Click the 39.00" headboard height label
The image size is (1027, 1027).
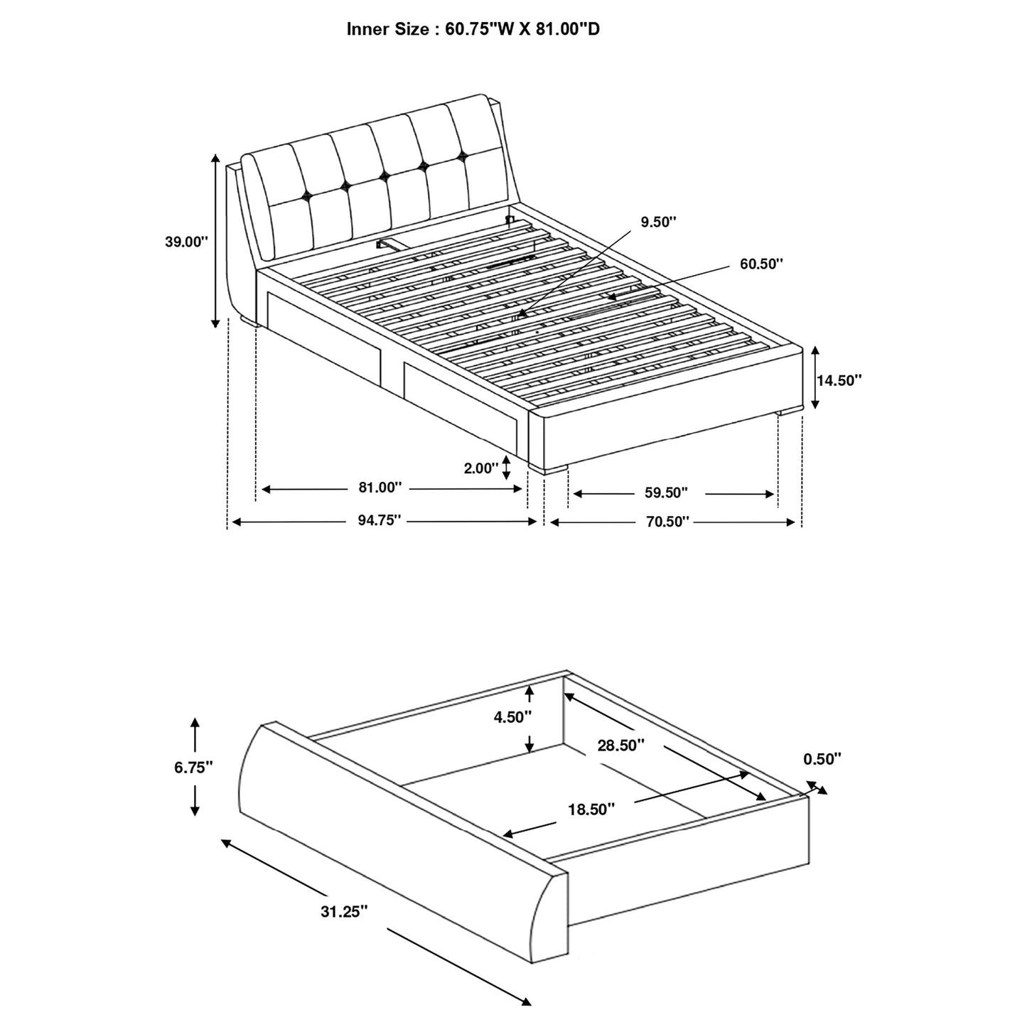coord(186,242)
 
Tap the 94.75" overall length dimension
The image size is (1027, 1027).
coord(379,520)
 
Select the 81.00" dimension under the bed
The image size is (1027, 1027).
coord(380,488)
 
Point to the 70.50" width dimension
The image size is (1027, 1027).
coord(668,522)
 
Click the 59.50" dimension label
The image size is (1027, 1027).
coord(666,493)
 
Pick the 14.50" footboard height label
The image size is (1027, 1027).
coord(839,380)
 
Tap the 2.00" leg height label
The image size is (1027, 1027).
coord(480,468)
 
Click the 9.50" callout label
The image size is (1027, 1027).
coord(658,222)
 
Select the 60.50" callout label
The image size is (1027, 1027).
coord(762,264)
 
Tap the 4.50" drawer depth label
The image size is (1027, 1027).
coord(512,717)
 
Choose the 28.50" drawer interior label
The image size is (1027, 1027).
coord(621,745)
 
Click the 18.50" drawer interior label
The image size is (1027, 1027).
coord(591,810)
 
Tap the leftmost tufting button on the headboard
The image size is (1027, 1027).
coord(306,196)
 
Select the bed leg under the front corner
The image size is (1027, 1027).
coord(548,470)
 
